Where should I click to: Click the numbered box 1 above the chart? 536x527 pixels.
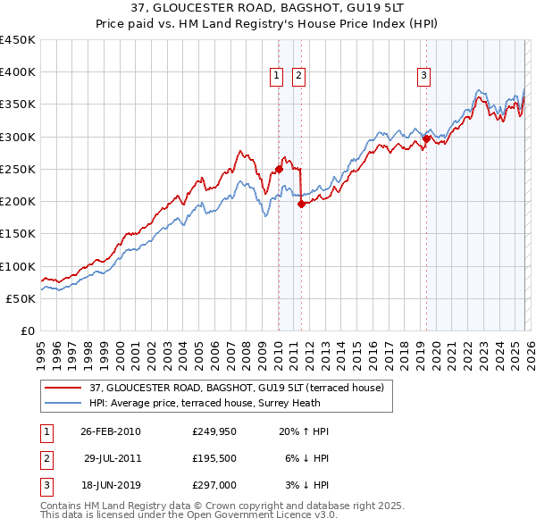(x=278, y=77)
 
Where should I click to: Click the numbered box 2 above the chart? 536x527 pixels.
(x=297, y=77)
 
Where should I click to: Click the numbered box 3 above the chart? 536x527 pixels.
(x=423, y=77)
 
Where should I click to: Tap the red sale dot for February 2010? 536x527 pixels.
(x=279, y=168)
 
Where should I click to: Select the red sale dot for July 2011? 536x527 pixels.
(x=301, y=204)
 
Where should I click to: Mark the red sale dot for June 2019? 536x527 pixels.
(x=426, y=138)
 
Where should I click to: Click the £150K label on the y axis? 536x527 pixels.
(x=17, y=234)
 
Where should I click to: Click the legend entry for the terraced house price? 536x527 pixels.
(x=236, y=388)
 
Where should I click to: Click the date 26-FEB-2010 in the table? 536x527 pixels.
(x=111, y=431)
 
